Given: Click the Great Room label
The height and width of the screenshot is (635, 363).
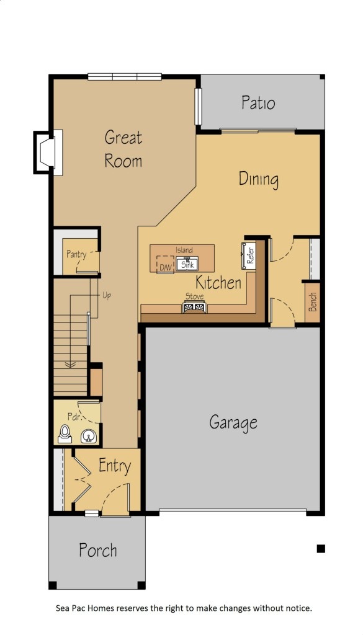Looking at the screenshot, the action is [123, 149].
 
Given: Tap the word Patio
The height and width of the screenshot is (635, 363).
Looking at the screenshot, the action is [258, 102].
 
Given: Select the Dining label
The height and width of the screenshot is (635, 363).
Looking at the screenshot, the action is [259, 179].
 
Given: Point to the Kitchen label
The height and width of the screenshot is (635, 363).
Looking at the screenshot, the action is [219, 282].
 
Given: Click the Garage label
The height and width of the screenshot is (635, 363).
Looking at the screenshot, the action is [233, 423].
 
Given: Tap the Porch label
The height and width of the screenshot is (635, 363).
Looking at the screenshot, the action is [98, 551].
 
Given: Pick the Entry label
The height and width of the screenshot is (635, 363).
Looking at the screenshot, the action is [115, 466].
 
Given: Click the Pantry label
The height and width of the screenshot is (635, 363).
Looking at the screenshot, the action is [76, 255].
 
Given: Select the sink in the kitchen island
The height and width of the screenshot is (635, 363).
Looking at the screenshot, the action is [187, 264].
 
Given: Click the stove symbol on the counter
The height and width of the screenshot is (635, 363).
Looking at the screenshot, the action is [194, 307].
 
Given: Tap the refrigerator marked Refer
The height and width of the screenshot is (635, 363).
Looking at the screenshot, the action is [248, 255].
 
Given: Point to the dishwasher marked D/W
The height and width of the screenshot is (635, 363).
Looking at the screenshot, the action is [165, 264].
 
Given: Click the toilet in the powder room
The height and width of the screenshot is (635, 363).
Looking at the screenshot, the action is [65, 434].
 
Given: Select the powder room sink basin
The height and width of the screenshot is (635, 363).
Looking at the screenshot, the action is [89, 436].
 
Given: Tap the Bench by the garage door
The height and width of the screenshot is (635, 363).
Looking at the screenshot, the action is [312, 302].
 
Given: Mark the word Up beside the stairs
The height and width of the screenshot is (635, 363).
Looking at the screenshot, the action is [107, 295].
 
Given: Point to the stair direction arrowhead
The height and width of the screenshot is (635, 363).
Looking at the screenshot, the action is [70, 365].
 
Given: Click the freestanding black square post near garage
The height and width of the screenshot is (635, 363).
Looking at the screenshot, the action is [321, 549].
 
